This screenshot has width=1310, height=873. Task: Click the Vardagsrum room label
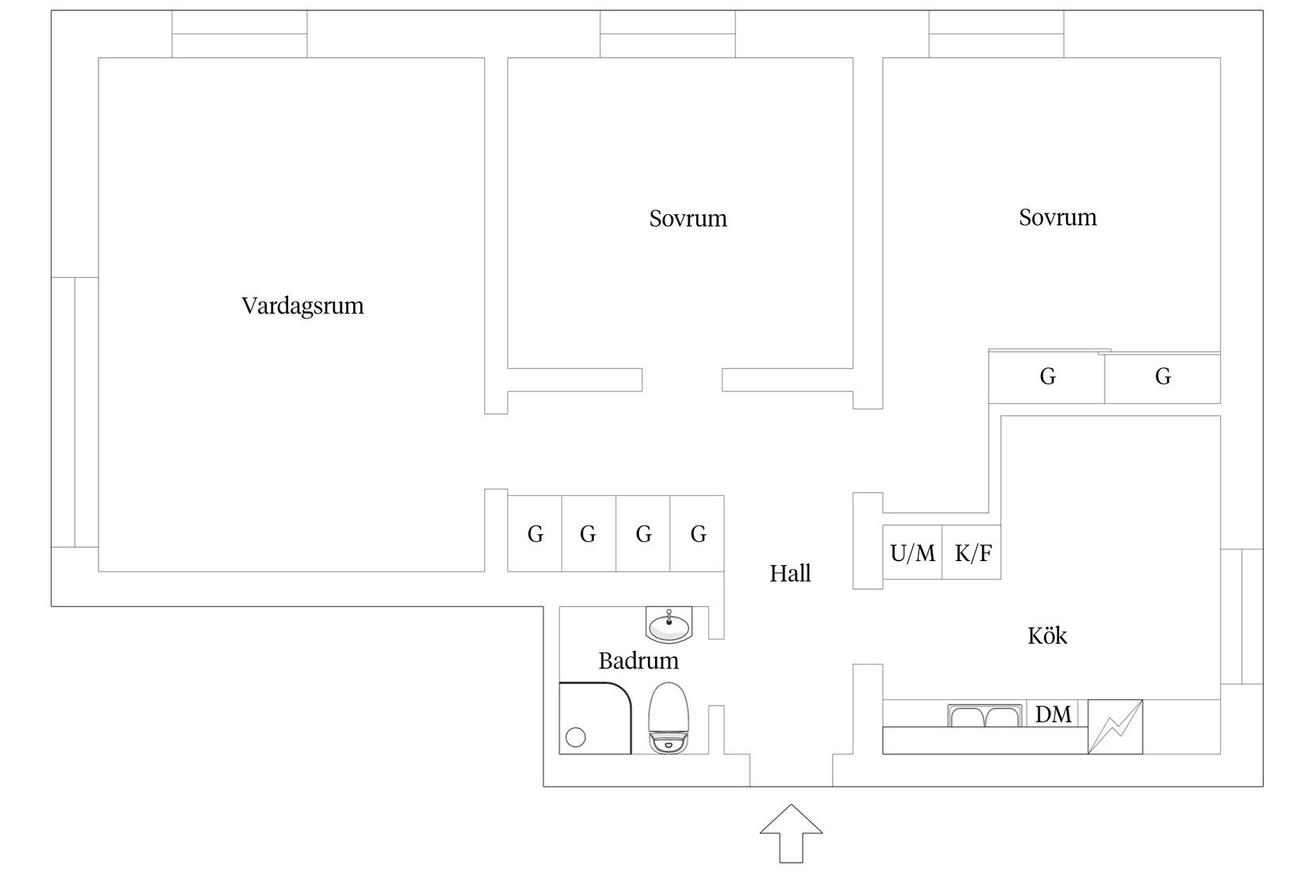(x=302, y=306)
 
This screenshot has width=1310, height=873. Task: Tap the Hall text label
(x=790, y=574)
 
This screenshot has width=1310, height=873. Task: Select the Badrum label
(x=638, y=661)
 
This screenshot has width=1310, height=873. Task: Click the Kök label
(x=1047, y=636)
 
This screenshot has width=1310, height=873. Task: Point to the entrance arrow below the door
(x=791, y=833)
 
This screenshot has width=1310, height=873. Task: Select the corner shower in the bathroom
(x=595, y=718)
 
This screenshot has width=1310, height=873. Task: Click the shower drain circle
(x=576, y=737)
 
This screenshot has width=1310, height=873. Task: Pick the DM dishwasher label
(x=1054, y=714)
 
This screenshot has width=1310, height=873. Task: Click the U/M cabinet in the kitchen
(x=912, y=552)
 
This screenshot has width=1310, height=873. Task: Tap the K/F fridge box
(x=972, y=552)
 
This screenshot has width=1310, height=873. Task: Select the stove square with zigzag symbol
(x=1115, y=726)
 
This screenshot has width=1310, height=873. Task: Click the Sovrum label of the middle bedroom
(x=688, y=219)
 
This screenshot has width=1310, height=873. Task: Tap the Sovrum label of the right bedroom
(x=1058, y=217)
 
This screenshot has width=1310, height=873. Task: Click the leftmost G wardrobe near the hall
(x=535, y=533)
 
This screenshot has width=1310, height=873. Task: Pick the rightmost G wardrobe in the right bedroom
(x=1162, y=378)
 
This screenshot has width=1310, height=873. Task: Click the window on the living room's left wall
(x=75, y=413)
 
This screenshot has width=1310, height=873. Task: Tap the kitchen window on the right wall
(x=1242, y=616)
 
